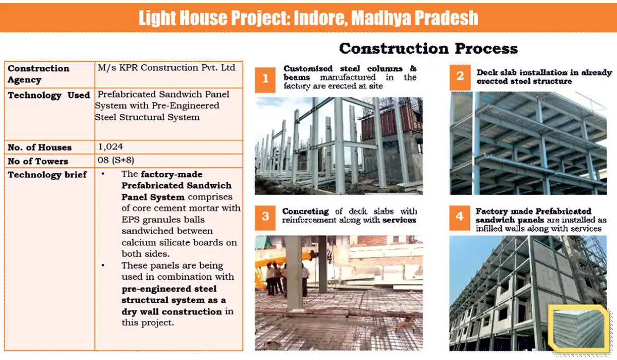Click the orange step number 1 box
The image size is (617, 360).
[265, 79]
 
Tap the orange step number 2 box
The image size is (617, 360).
[460, 77]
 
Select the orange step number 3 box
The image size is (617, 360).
[265, 217]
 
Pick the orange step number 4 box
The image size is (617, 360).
[460, 217]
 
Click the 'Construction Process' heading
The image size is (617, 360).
[428, 49]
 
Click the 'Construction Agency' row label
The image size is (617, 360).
[39, 74]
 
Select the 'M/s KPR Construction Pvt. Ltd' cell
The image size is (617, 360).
[167, 68]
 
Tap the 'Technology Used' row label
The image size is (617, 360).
[49, 95]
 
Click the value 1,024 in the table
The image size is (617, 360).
[111, 147]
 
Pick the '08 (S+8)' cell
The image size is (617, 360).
[116, 160]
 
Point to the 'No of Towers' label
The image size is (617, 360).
[38, 161]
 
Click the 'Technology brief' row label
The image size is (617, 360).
[47, 175]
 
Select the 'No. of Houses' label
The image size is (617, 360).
[40, 148]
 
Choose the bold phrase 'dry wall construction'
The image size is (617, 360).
[172, 312]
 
